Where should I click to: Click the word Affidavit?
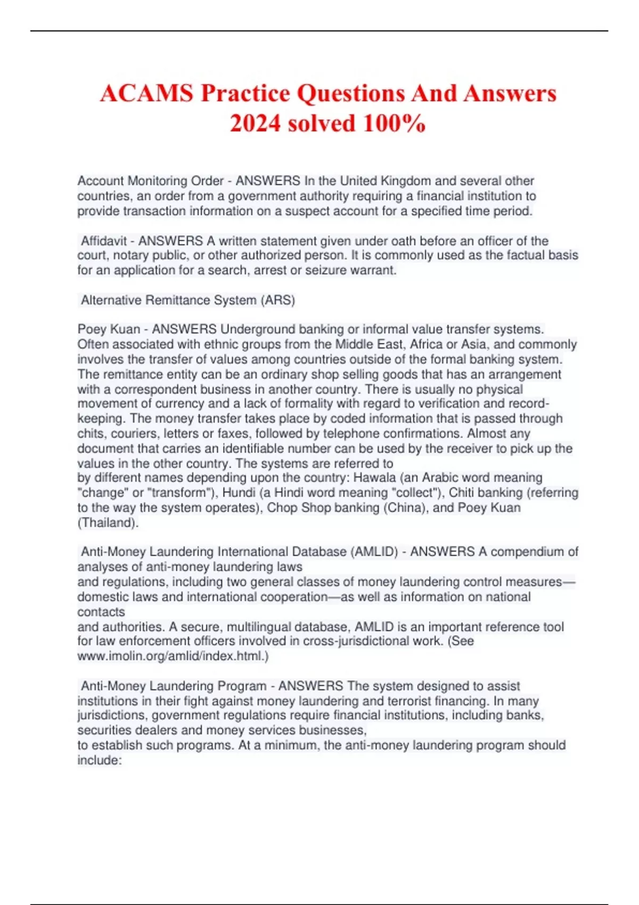point(104,241)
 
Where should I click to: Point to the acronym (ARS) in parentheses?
point(277,300)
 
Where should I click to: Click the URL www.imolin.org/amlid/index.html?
point(173,656)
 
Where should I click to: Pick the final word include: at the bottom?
point(100,760)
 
